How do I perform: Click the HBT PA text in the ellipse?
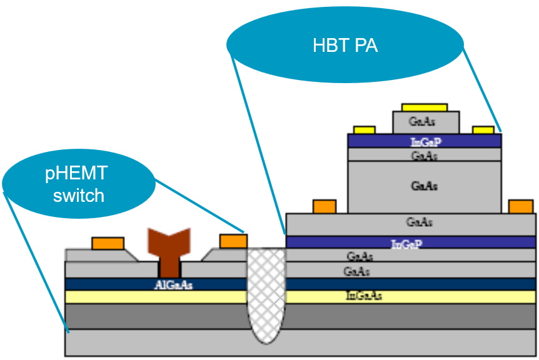point(345,46)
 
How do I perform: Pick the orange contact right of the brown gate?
point(233,241)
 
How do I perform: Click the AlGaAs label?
point(173,285)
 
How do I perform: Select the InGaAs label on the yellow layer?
point(364,296)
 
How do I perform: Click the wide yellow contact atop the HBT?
point(425,107)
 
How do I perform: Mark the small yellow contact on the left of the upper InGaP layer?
point(364,130)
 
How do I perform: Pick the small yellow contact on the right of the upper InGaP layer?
point(483,130)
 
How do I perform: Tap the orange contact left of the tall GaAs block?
point(324,206)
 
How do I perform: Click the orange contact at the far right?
point(521,206)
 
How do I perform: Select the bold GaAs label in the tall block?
point(425,186)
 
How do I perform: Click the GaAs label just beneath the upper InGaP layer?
point(425,156)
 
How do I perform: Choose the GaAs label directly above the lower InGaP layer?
point(420,222)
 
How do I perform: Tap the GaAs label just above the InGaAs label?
point(356,271)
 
